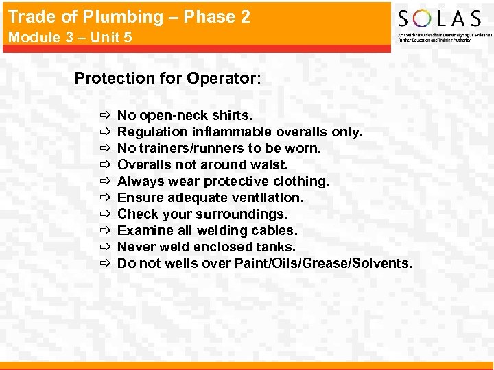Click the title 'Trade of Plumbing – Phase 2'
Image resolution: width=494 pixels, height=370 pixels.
coord(129,17)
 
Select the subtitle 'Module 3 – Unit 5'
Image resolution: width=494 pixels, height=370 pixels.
coord(70,38)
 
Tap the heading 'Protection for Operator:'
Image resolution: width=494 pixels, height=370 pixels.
coord(167,78)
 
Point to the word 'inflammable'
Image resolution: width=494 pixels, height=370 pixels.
coord(231,132)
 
